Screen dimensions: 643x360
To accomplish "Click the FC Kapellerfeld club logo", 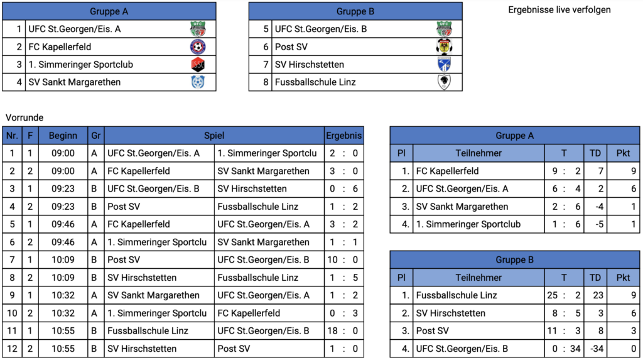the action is pos(198,46).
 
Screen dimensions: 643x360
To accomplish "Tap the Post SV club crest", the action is pos(444,46).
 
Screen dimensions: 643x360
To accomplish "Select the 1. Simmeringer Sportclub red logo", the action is pos(198,65).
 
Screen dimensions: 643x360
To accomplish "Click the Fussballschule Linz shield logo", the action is pos(444,82).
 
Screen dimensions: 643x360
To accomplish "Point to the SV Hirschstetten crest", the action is pos(444,65).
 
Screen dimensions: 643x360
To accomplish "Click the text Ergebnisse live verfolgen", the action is pos(559,10).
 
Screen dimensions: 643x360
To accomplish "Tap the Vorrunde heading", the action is pos(24,117).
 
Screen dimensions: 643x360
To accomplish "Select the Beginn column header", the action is pos(63,136).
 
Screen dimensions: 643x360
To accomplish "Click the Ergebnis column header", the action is pos(343,136).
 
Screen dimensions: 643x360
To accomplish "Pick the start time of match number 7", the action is pos(63,260).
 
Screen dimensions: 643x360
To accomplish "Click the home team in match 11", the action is pos(148,331).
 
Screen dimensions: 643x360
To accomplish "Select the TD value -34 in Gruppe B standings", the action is pos(597,349).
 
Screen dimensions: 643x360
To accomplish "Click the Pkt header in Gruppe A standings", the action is pos(624,153).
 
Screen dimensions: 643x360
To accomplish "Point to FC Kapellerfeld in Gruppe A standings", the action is pos(447,171).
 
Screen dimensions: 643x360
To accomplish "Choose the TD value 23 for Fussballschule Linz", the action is pos(598,295).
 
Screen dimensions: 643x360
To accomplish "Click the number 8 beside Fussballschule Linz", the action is pos(266,82).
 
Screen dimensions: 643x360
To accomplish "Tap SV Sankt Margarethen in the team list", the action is pos(74,82).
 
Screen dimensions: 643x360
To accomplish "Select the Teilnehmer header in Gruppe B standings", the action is pos(478,278).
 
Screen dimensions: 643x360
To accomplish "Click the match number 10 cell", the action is pos(12,314).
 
